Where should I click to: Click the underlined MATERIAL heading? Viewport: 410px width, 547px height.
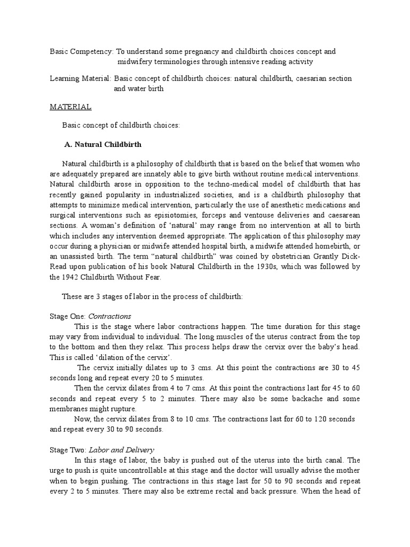pyautogui.click(x=70, y=107)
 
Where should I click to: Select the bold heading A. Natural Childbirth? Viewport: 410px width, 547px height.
pyautogui.click(x=102, y=144)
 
